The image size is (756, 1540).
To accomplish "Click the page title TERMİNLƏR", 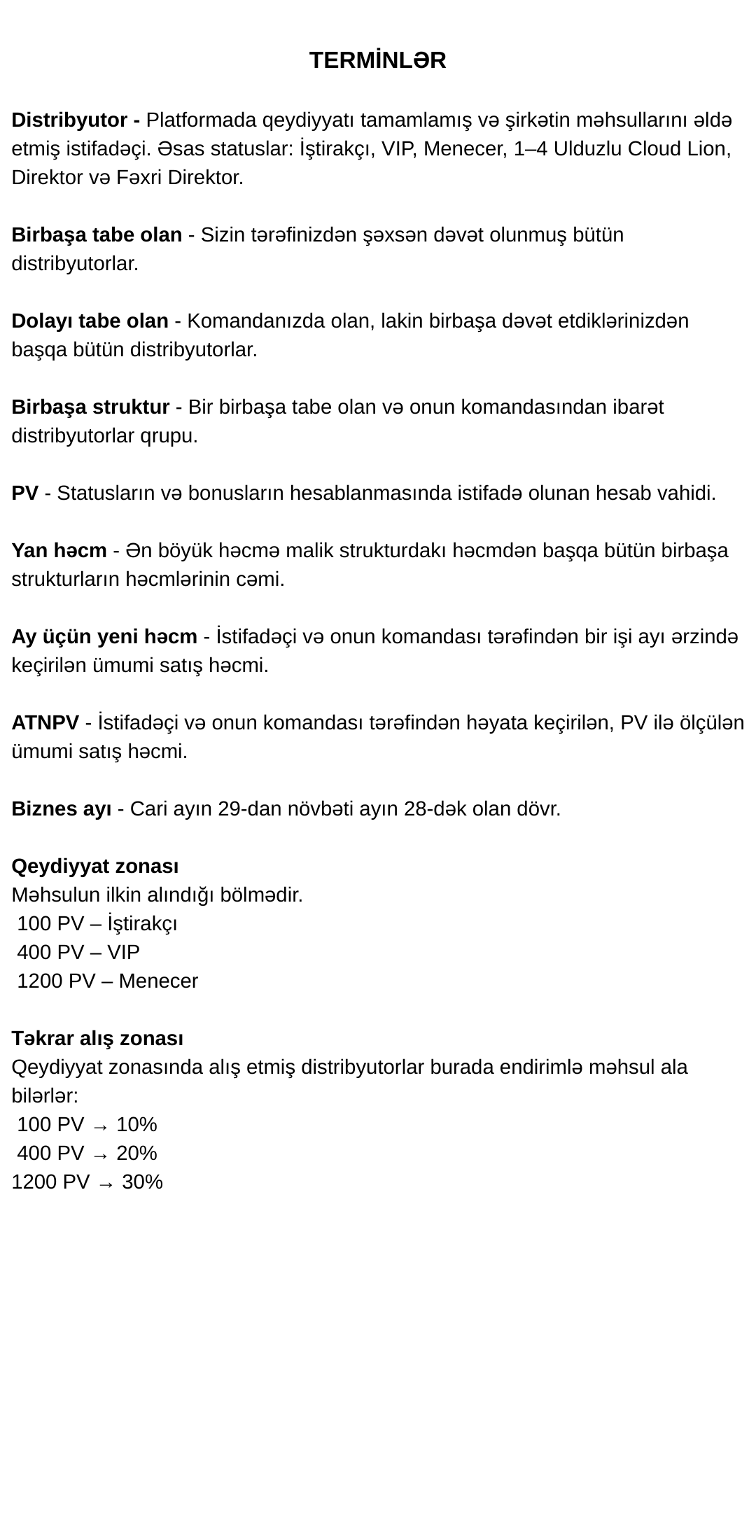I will tap(377, 61).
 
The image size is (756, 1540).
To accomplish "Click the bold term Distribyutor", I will tap(71, 120).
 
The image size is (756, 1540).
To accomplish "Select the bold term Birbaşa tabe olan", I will tap(97, 234).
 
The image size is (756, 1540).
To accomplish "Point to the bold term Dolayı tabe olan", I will tap(90, 321).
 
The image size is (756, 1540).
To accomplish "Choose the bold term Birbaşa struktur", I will tap(90, 407).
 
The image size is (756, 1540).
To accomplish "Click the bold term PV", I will tap(25, 493).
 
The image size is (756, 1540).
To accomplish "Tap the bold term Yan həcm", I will tap(59, 550).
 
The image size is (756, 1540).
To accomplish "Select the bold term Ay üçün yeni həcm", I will tap(104, 636).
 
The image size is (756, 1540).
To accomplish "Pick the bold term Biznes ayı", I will tap(62, 808).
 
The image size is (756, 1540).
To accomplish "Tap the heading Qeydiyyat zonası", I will tap(95, 866).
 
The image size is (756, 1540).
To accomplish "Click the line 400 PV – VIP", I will tap(78, 952).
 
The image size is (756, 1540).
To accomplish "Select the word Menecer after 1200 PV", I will tap(158, 981).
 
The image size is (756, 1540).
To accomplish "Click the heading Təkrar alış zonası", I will tap(97, 1038).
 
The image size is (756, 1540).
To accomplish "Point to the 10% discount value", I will tap(136, 1124).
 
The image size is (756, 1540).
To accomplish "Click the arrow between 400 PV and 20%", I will tap(100, 1154).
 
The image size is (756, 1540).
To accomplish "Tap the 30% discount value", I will tap(142, 1182).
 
